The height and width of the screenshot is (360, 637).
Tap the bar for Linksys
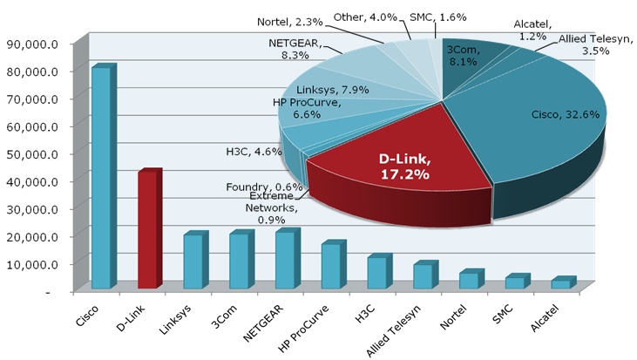193,262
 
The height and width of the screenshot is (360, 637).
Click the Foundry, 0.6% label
264,187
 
